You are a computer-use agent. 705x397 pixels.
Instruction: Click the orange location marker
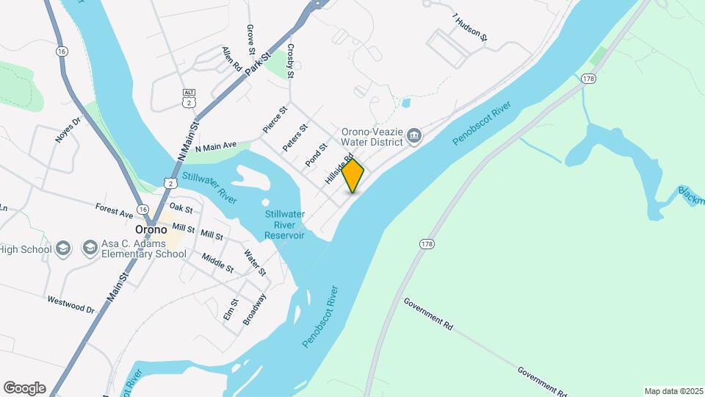[x=353, y=176]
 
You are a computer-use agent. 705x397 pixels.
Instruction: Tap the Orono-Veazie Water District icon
[x=414, y=135]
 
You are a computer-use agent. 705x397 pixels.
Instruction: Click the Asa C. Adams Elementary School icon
[x=90, y=247]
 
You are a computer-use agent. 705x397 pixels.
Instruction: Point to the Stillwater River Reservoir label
[x=284, y=224]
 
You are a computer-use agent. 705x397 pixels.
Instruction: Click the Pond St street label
[x=317, y=154]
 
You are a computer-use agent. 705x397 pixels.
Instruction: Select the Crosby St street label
[x=291, y=60]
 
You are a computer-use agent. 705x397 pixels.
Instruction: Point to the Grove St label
[x=251, y=40]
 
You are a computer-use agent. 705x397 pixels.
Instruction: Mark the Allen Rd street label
[x=232, y=58]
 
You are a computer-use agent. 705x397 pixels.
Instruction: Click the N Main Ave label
[x=216, y=147]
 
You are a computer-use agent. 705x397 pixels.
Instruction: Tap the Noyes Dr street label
[x=66, y=129]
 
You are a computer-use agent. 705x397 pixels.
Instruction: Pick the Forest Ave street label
[x=114, y=212]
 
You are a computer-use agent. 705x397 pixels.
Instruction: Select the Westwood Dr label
[x=72, y=304]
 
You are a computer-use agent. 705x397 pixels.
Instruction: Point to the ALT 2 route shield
[x=189, y=95]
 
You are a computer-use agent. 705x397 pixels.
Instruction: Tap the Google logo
[x=24, y=388]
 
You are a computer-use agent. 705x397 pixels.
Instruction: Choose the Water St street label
[x=255, y=263]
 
